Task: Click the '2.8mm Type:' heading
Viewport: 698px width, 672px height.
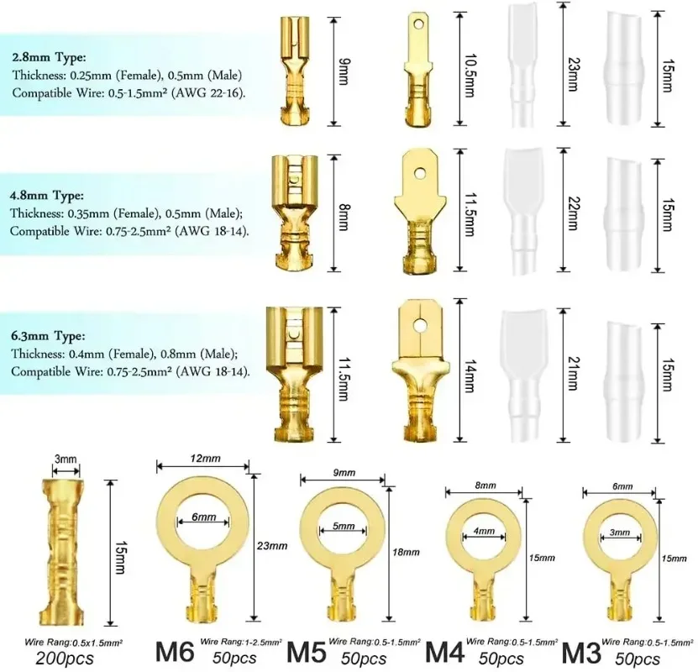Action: click(49, 57)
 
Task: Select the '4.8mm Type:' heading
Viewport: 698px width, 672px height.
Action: click(47, 196)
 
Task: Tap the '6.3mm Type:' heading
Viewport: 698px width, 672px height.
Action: click(48, 335)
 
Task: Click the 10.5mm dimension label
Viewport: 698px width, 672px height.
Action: click(470, 76)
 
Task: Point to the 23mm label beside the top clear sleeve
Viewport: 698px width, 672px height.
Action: click(573, 74)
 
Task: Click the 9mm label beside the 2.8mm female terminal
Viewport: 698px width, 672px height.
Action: click(344, 71)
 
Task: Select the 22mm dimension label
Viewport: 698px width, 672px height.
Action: click(574, 213)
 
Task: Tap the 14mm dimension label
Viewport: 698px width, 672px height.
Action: click(470, 376)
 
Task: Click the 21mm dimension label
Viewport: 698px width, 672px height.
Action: click(574, 373)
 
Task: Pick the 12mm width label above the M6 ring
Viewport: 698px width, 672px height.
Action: click(205, 459)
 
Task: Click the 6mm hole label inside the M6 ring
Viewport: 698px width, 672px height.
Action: click(204, 517)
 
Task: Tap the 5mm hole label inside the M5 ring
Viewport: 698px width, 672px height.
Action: click(344, 526)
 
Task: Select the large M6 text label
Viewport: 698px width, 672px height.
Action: click(175, 652)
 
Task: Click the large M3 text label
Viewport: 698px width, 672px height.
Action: click(581, 653)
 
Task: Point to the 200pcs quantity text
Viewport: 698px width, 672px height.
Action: click(65, 659)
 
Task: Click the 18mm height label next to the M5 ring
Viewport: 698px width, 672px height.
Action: click(406, 552)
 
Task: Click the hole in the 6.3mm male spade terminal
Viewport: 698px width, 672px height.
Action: click(419, 326)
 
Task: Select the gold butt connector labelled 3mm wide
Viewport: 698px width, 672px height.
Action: click(62, 552)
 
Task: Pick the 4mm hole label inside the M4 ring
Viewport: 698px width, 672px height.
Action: click(484, 531)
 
